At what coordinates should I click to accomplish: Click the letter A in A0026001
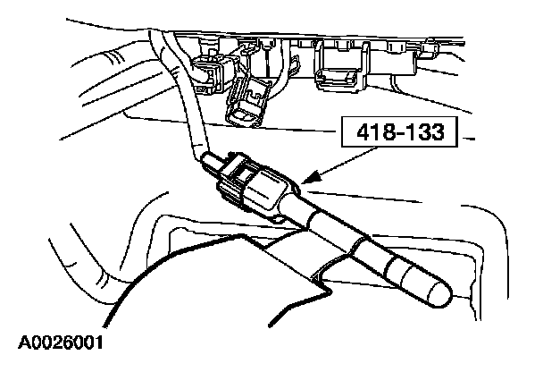click(21, 342)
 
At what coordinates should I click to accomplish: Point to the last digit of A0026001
click(97, 342)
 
